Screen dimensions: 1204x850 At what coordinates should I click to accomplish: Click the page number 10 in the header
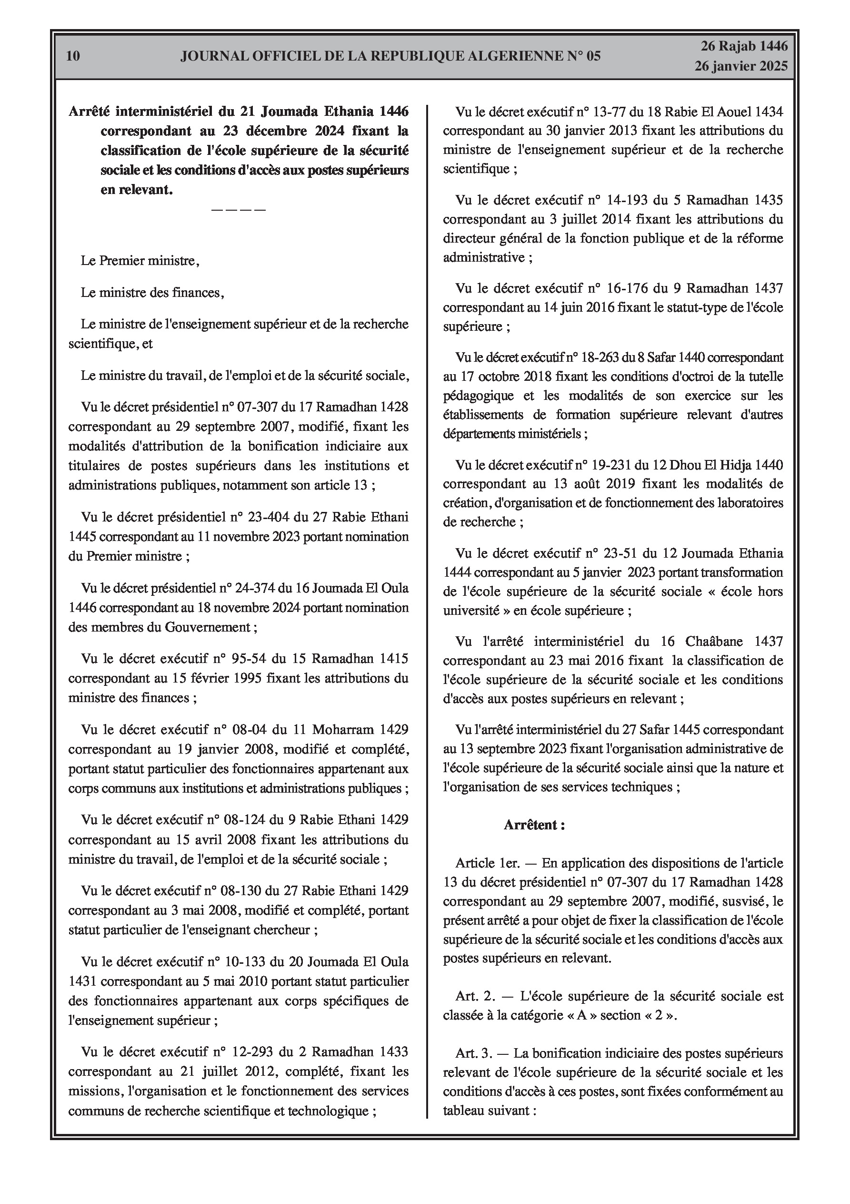click(73, 56)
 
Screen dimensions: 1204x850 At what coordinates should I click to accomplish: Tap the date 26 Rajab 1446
click(744, 46)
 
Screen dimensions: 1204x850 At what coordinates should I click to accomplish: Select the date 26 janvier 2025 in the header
click(741, 66)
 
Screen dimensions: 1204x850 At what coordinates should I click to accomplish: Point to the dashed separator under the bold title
click(239, 210)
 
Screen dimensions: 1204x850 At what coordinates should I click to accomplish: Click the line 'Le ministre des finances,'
click(152, 293)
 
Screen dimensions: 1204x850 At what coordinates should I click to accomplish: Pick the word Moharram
click(343, 730)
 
